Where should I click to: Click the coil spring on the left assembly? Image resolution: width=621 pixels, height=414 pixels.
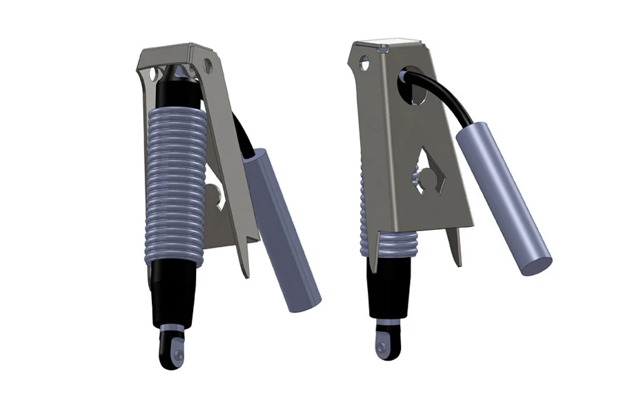point(175,186)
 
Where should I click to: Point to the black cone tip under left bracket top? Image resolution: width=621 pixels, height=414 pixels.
point(178,73)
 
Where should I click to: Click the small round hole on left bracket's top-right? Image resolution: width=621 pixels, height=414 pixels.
point(206,66)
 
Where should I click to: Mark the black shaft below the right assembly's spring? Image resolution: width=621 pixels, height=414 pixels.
point(389,290)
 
